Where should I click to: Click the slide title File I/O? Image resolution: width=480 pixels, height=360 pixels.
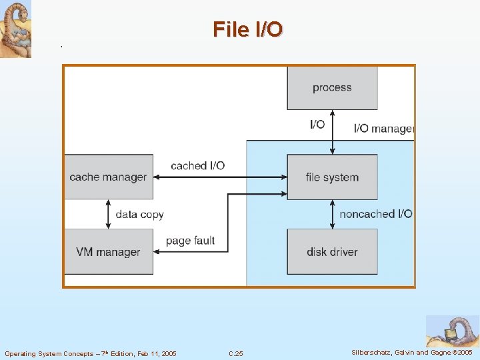248,29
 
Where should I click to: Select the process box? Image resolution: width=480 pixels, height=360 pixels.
332,87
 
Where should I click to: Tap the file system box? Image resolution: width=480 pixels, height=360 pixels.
332,177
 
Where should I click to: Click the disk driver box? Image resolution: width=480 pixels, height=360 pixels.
332,252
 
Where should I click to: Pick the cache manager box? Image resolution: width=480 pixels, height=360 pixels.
108,177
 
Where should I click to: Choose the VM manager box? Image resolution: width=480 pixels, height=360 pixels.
108,252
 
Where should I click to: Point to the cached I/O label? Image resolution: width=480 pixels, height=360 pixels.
197,165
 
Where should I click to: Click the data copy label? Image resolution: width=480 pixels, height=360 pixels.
139,215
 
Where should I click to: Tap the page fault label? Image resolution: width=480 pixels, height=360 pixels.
190,241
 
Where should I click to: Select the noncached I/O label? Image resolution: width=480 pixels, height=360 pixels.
375,214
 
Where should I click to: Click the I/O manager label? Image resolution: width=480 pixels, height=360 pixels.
383,129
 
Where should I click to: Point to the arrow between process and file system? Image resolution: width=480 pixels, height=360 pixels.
332,132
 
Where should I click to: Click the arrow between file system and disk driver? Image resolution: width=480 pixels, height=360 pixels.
332,214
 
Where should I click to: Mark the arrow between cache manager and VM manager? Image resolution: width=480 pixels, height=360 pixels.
108,214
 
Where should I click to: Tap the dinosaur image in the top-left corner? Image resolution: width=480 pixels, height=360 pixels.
15,29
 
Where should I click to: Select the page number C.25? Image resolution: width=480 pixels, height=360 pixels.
236,353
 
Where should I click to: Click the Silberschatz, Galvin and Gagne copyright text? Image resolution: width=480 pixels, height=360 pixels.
411,353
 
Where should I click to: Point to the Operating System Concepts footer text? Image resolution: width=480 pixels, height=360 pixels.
91,353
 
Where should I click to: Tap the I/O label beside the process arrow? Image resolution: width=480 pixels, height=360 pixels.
317,125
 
